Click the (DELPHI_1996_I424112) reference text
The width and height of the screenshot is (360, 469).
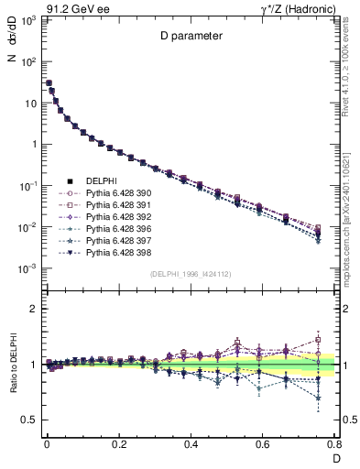[x=190, y=274]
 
